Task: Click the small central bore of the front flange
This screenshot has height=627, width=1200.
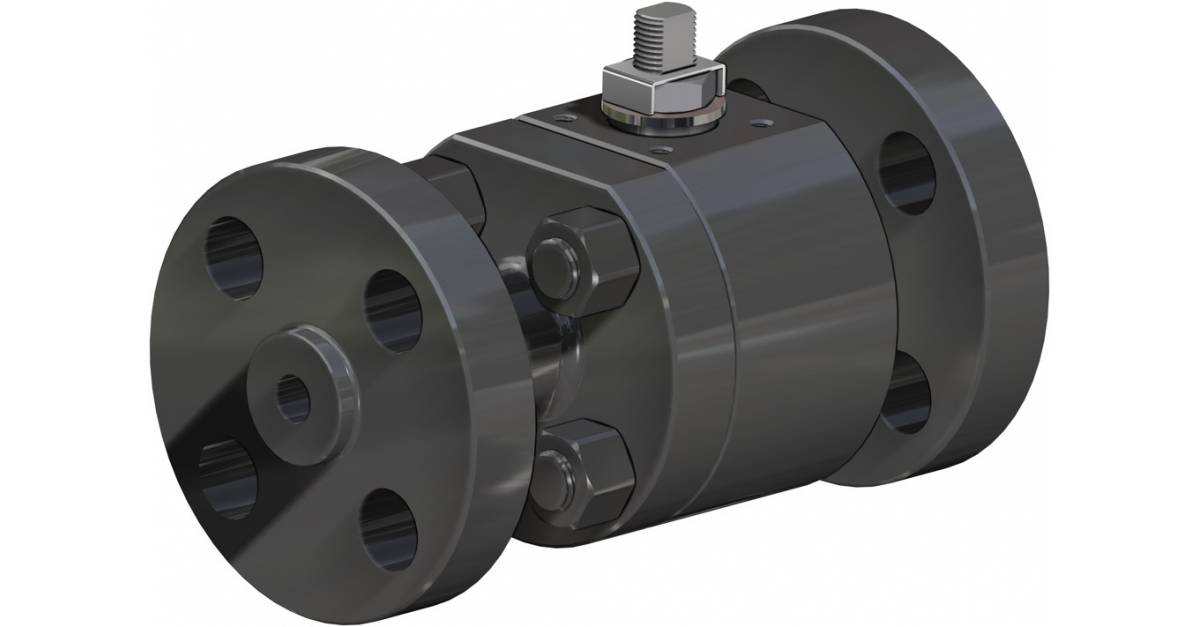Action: point(293,396)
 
